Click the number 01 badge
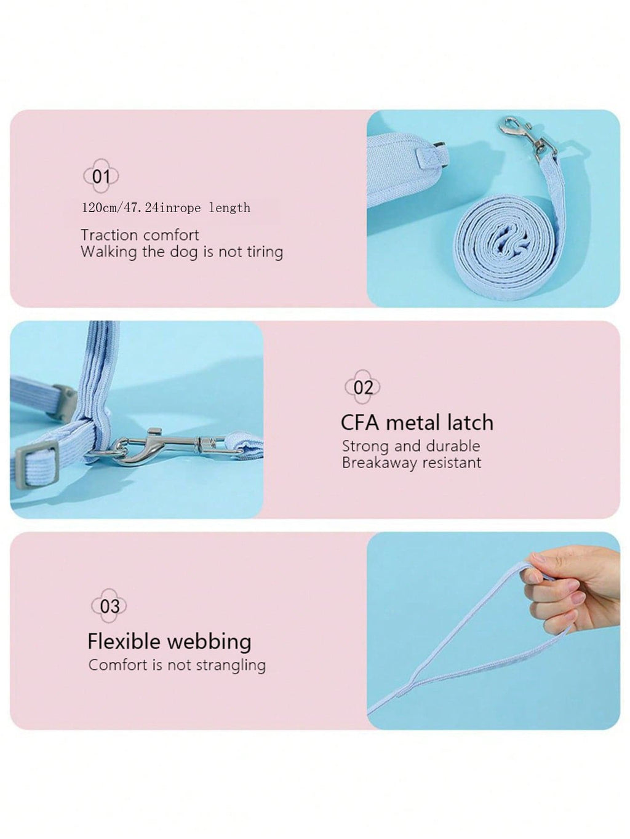click(x=101, y=176)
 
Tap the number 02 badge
click(x=362, y=387)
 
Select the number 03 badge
click(x=109, y=606)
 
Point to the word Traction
click(x=108, y=235)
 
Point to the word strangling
click(x=234, y=666)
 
